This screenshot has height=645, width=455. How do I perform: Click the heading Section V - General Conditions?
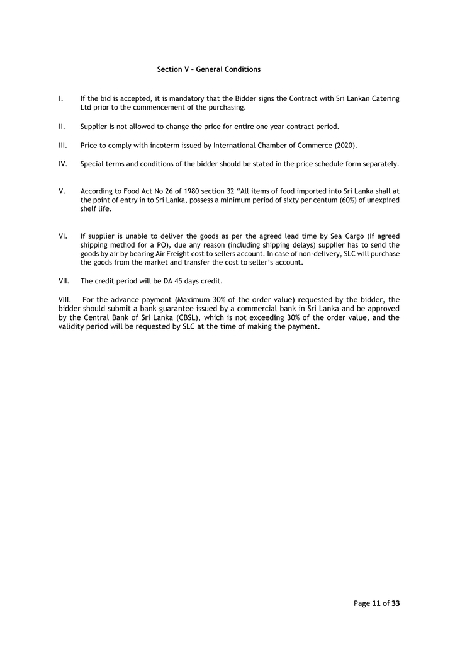(x=208, y=69)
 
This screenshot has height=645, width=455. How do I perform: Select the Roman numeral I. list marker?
(x=60, y=99)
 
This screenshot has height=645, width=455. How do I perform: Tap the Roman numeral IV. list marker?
(x=62, y=164)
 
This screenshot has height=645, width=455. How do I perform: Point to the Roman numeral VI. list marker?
(x=62, y=236)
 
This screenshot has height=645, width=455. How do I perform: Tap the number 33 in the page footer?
(x=395, y=603)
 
